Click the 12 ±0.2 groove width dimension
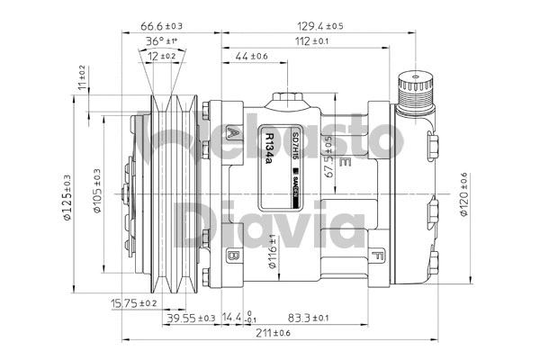(163, 56)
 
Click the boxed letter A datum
(235, 134)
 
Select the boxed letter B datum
(233, 256)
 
